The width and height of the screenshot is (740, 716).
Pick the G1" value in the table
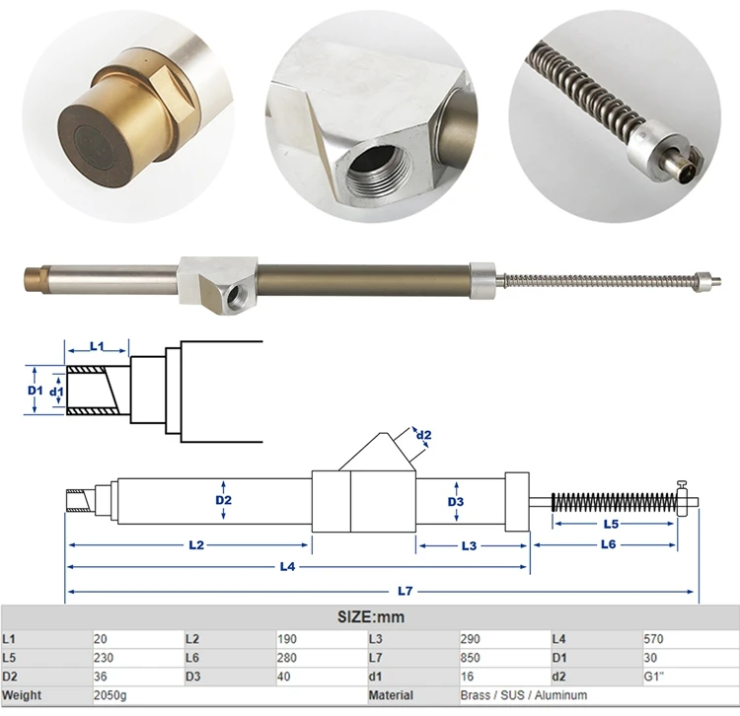click(x=654, y=676)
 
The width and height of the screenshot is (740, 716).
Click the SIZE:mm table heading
click(x=370, y=617)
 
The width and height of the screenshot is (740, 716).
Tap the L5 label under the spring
click(x=611, y=524)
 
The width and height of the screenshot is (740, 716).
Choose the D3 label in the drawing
click(x=455, y=502)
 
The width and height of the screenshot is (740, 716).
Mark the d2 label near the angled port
click(x=424, y=435)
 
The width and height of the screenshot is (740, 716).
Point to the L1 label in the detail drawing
click(x=97, y=346)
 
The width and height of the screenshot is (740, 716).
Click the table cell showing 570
click(x=654, y=638)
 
